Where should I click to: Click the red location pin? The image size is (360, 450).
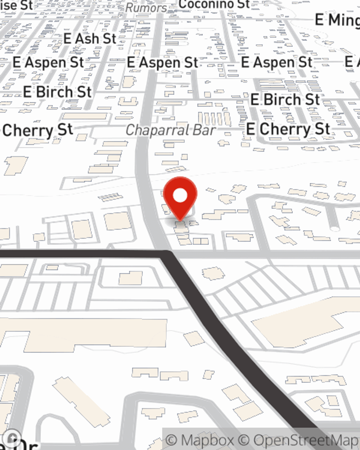pyautogui.click(x=180, y=198)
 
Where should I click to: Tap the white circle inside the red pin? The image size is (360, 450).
pyautogui.click(x=180, y=196)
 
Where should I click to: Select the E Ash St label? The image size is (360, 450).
pyautogui.click(x=90, y=39)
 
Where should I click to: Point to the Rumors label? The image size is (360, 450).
pyautogui.click(x=146, y=8)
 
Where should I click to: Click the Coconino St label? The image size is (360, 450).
pyautogui.click(x=214, y=4)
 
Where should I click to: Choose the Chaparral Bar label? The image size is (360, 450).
pyautogui.click(x=171, y=130)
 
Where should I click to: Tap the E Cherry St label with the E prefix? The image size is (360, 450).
pyautogui.click(x=288, y=129)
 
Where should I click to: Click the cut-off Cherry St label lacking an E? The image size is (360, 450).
pyautogui.click(x=37, y=130)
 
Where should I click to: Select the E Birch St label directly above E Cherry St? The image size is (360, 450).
pyautogui.click(x=285, y=99)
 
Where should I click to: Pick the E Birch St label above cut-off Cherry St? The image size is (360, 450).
pyautogui.click(x=57, y=92)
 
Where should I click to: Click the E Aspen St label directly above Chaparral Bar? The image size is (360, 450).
pyautogui.click(x=162, y=62)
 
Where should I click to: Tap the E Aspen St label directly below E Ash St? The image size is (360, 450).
pyautogui.click(x=48, y=62)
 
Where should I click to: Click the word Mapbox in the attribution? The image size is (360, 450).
pyautogui.click(x=207, y=440)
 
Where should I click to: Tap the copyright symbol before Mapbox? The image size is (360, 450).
pyautogui.click(x=172, y=440)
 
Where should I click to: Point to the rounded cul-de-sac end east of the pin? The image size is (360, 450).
pyautogui.click(x=335, y=228)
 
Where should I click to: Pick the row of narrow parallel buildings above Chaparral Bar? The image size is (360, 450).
pyautogui.click(x=214, y=118)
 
